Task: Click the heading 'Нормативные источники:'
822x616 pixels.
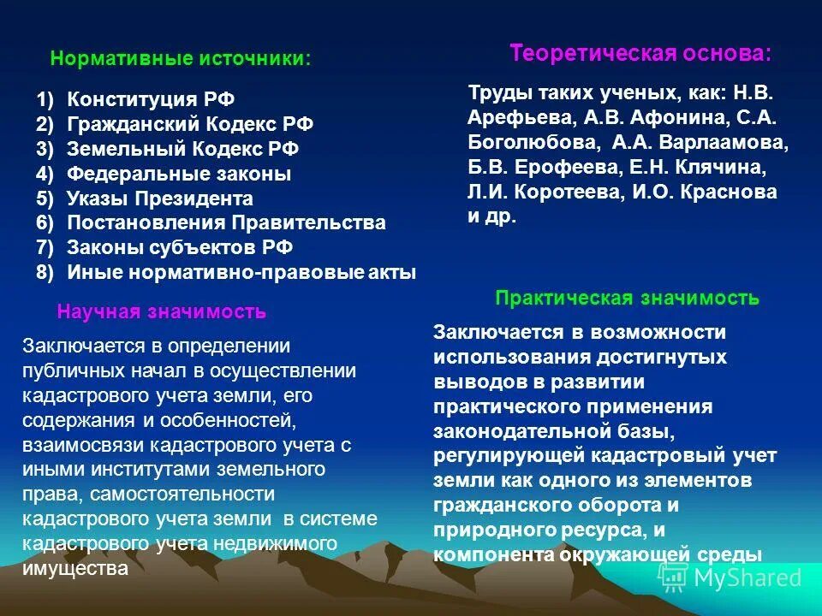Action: [x=181, y=59]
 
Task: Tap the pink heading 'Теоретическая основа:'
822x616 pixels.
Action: [x=640, y=53]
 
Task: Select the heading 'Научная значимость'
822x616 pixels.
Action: [x=161, y=312]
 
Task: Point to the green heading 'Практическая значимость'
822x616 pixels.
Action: [x=627, y=298]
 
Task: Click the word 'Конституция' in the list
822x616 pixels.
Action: [x=131, y=99]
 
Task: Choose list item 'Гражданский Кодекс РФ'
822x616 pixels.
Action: [x=190, y=124]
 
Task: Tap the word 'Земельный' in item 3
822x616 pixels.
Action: [x=111, y=149]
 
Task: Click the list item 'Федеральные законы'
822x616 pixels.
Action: [x=179, y=174]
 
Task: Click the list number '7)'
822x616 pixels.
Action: [x=45, y=248]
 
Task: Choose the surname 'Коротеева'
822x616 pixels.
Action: [x=568, y=192]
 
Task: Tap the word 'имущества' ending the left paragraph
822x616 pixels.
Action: [x=76, y=567]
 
